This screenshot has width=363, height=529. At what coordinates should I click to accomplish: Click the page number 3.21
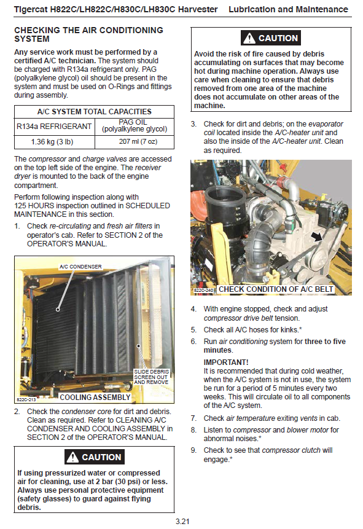(182, 521)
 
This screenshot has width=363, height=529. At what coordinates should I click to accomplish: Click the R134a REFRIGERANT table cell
(54, 127)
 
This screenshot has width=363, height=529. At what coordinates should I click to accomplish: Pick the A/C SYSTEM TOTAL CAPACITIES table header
(94, 112)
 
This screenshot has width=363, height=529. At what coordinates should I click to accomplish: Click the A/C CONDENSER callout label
(80, 267)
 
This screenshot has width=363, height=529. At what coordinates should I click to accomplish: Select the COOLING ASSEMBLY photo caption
(95, 397)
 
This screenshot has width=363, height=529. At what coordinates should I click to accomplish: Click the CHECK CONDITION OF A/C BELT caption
(276, 289)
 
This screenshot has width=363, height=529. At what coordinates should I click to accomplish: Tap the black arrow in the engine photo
(316, 237)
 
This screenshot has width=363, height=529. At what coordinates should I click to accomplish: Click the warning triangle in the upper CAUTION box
(249, 38)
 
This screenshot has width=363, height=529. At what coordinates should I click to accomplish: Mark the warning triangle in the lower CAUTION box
(72, 457)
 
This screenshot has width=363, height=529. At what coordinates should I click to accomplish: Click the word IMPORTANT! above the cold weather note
(225, 362)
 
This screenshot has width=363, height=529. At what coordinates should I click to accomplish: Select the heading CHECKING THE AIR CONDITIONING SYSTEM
(88, 34)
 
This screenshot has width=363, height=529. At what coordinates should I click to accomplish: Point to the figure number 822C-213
(26, 400)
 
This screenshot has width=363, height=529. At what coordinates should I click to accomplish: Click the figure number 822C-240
(204, 290)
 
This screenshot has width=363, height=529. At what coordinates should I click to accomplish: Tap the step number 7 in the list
(193, 418)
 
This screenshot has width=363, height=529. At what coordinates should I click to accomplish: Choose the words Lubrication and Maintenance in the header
(288, 9)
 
